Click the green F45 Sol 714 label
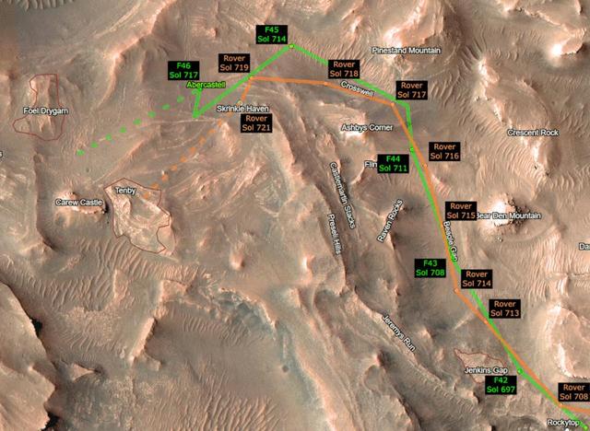click(273, 35)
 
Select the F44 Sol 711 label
click(394, 164)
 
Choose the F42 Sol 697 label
click(502, 385)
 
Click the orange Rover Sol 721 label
click(257, 123)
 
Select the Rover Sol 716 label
click(445, 151)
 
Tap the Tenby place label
click(125, 190)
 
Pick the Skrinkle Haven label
click(242, 109)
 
